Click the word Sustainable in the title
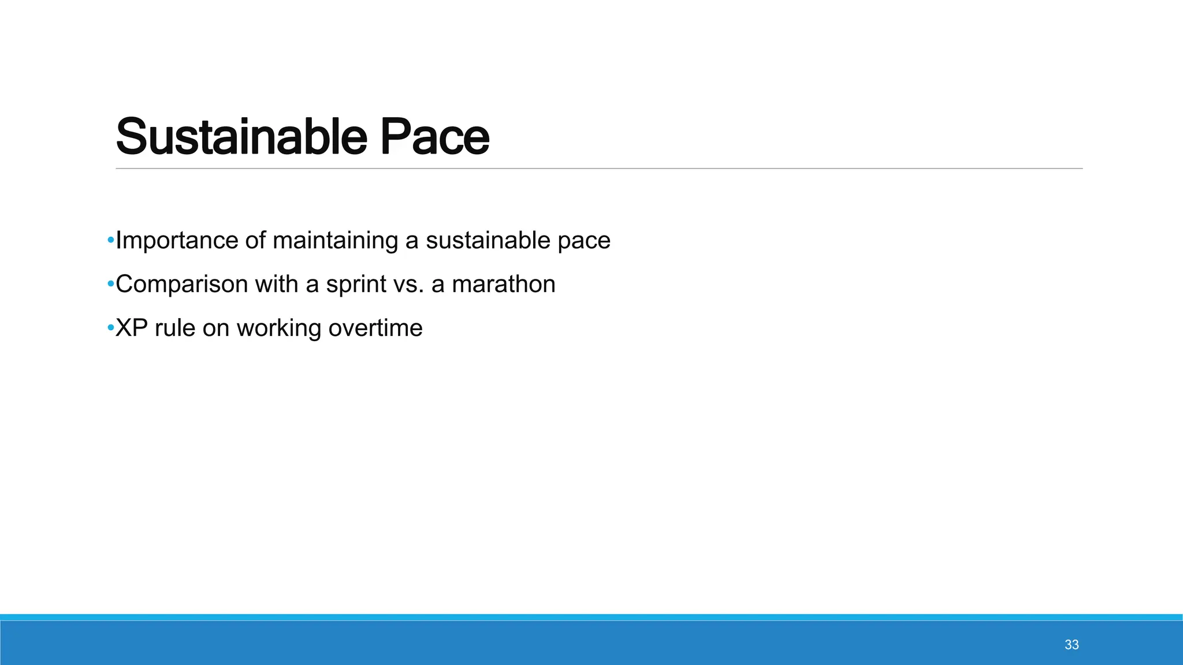coord(241,137)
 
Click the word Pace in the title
coord(434,137)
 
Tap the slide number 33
coord(1072,645)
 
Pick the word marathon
coord(503,285)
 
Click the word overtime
coord(375,328)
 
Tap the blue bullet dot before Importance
coord(110,240)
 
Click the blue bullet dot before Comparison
coord(110,283)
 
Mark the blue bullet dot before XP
coord(110,327)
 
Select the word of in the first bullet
coord(255,241)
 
